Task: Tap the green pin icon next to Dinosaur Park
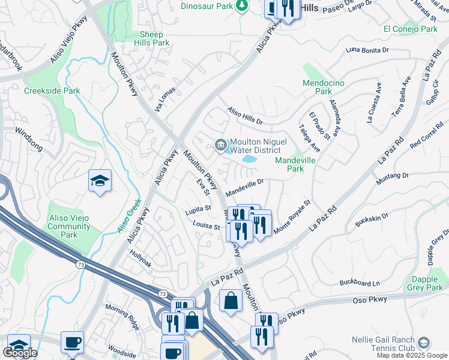tap(241, 5)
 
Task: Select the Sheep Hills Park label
tap(146, 39)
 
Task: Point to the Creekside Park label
tap(52, 91)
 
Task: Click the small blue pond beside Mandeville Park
tap(249, 160)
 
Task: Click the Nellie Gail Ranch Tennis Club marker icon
tap(424, 343)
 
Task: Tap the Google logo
tap(20, 353)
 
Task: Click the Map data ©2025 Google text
tap(411, 355)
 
